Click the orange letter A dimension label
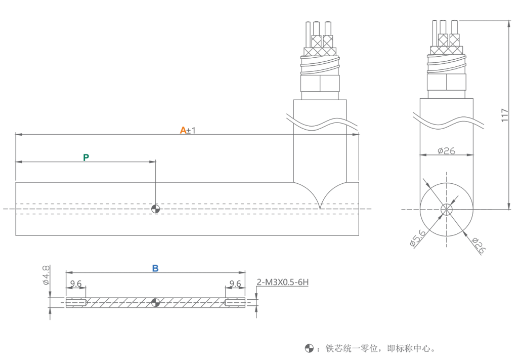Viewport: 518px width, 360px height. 183,130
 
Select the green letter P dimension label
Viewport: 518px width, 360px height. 86,157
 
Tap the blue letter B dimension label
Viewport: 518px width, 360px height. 155,268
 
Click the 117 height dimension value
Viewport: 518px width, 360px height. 505,115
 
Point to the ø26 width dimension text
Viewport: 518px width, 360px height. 446,150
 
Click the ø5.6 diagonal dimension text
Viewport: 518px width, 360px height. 418,237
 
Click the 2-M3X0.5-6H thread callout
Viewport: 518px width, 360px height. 283,282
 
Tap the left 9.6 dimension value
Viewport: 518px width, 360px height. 76,284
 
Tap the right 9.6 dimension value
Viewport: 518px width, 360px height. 235,284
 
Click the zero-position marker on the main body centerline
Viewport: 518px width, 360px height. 155,209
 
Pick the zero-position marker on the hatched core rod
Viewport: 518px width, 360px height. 155,303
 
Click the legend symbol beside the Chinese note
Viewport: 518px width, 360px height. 309,348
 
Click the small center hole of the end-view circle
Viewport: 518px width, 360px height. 447,209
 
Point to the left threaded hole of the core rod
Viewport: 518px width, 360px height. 76,303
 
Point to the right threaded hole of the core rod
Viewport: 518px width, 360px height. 235,303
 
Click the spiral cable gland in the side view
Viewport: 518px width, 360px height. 320,65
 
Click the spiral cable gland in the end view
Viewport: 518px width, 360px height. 447,64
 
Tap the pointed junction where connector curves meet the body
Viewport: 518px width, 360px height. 320,207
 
